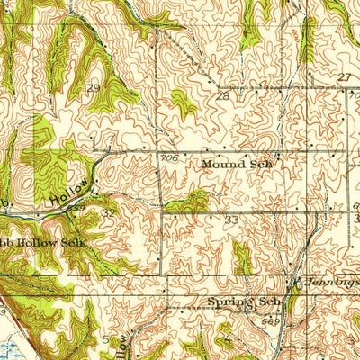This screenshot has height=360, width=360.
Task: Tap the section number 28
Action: [221, 94]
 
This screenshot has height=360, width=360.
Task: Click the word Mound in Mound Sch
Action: [221, 165]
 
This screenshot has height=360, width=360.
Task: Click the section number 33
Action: [231, 220]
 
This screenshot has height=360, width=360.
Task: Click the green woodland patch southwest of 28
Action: [184, 104]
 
